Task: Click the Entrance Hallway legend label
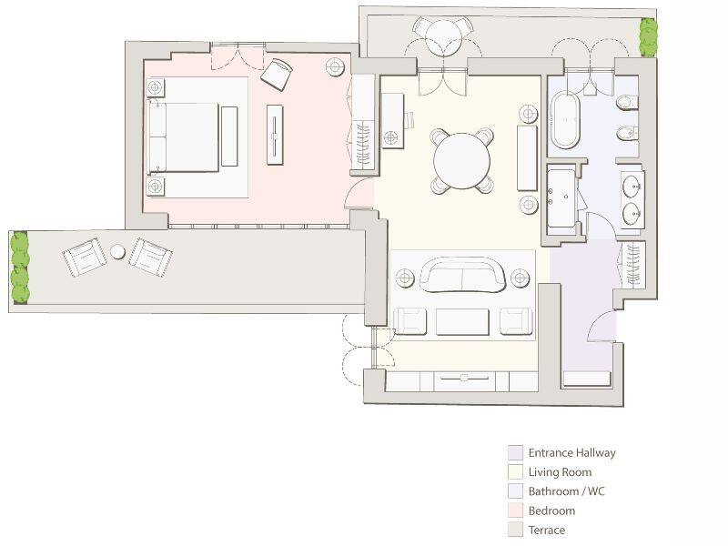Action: pyautogui.click(x=571, y=452)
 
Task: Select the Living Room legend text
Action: pyautogui.click(x=560, y=472)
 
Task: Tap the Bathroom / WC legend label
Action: pyautogui.click(x=566, y=491)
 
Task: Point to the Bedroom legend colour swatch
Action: pyautogui.click(x=515, y=511)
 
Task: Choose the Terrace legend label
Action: pyautogui.click(x=546, y=530)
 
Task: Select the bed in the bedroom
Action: pyautogui.click(x=184, y=136)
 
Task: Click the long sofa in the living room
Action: pyautogui.click(x=461, y=276)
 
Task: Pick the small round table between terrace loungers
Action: pyautogui.click(x=118, y=251)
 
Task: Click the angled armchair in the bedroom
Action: pyautogui.click(x=277, y=73)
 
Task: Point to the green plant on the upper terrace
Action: pyautogui.click(x=648, y=37)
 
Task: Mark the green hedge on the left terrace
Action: pyautogui.click(x=19, y=268)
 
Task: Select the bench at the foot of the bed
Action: pyautogui.click(x=229, y=136)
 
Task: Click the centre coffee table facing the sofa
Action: pyautogui.click(x=462, y=321)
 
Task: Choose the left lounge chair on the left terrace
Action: pyautogui.click(x=85, y=258)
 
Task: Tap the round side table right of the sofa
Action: pyautogui.click(x=521, y=278)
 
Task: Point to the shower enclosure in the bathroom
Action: pyautogui.click(x=563, y=198)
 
